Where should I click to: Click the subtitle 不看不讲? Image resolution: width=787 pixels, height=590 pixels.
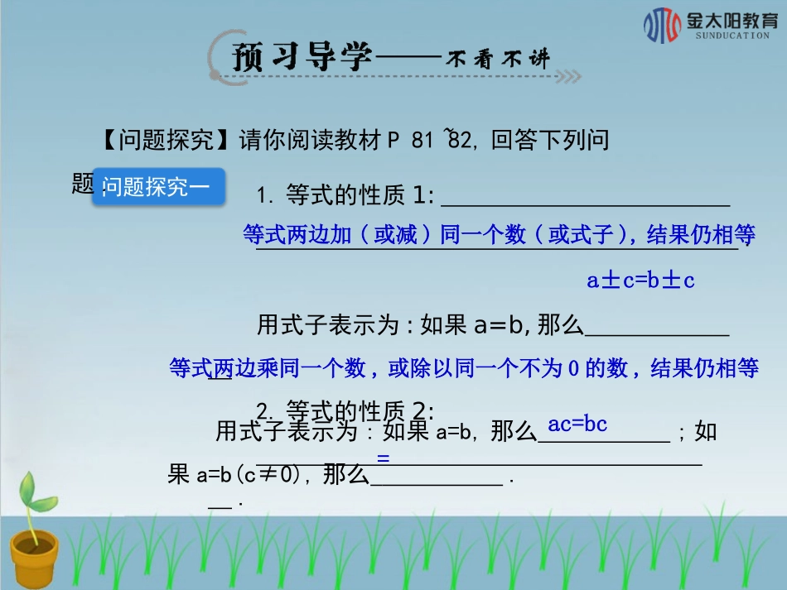499,59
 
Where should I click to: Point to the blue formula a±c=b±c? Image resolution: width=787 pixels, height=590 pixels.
640,281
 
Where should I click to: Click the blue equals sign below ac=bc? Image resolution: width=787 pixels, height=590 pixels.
383,457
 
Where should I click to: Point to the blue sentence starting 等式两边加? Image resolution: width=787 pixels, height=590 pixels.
499,236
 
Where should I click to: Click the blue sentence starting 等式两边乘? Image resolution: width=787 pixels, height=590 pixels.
464,368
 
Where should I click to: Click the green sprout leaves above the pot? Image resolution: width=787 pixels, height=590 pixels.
36,496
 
